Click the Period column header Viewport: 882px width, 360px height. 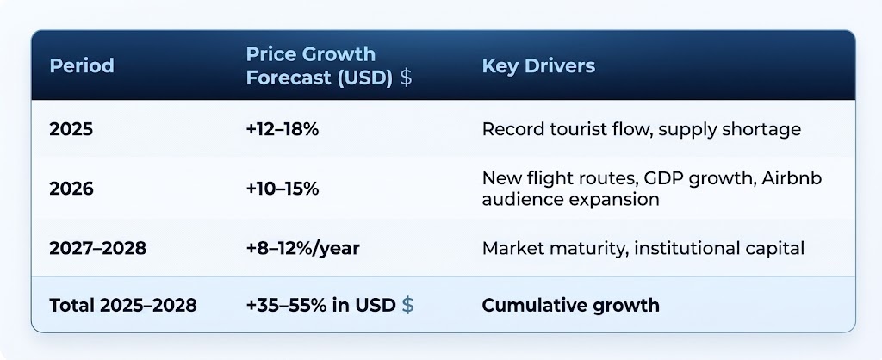[x=82, y=65]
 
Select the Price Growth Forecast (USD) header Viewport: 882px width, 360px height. [x=320, y=65]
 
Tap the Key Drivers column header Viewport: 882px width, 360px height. [x=538, y=65]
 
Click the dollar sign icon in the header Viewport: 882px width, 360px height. [x=406, y=78]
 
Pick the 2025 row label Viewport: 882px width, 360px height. [x=71, y=129]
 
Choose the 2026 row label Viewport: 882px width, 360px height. [x=71, y=189]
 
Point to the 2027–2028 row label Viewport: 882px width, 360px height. [x=98, y=248]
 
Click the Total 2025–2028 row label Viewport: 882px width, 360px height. [x=123, y=305]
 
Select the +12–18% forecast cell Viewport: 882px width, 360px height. [x=283, y=129]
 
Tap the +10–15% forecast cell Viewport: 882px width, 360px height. [x=283, y=189]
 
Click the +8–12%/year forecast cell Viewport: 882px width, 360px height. [x=302, y=248]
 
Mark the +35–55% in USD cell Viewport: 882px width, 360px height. [x=320, y=305]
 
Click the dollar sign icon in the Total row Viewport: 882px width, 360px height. [x=407, y=305]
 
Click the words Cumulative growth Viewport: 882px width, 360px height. [x=570, y=305]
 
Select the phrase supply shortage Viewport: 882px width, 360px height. [x=730, y=130]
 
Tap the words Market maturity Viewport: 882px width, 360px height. [x=554, y=248]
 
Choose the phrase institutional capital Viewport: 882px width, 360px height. [x=719, y=248]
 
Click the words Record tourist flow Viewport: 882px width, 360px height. [x=567, y=129]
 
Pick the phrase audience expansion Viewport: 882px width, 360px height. [x=570, y=200]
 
